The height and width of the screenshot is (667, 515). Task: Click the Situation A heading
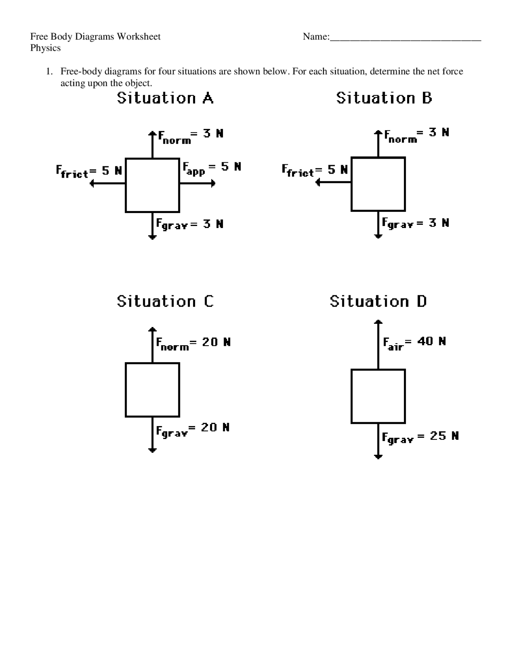165,98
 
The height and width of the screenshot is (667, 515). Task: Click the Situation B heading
384,98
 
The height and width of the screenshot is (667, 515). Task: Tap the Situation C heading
165,301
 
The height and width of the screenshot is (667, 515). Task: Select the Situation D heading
378,301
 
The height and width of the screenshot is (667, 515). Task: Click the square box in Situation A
152,185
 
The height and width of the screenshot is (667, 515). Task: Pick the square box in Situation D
378,396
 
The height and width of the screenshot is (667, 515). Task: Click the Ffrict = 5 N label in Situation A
89,172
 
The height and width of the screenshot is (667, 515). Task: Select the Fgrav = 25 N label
420,437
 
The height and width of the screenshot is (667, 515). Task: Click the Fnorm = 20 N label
193,344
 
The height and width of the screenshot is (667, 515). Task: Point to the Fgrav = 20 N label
193,429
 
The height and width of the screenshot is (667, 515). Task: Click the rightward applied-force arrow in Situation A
197,184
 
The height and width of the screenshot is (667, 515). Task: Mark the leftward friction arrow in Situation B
334,182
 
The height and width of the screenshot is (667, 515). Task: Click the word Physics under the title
45,48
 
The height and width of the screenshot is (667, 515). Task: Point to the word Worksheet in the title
139,37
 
